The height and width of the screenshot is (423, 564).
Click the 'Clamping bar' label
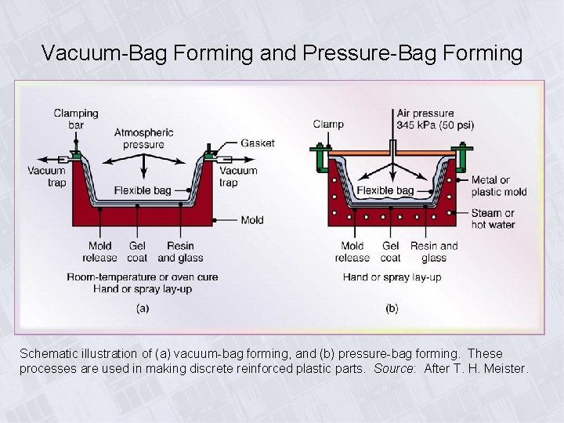pyautogui.click(x=76, y=118)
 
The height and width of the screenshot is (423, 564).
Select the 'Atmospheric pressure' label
pyautogui.click(x=143, y=138)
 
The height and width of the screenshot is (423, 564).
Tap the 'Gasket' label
pyautogui.click(x=258, y=143)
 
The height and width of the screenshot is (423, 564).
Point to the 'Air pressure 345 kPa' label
pyautogui.click(x=435, y=118)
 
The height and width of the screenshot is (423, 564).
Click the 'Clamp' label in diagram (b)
pyautogui.click(x=327, y=124)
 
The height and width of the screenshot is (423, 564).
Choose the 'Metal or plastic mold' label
pyautogui.click(x=498, y=186)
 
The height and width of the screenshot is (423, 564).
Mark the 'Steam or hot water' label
pyautogui.click(x=493, y=219)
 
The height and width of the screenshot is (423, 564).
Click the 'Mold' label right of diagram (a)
pyautogui.click(x=252, y=220)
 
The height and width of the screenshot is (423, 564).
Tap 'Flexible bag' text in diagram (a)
pyautogui.click(x=143, y=190)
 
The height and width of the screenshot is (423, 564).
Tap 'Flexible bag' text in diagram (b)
pyautogui.click(x=385, y=190)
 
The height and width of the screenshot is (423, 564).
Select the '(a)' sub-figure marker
pyautogui.click(x=143, y=308)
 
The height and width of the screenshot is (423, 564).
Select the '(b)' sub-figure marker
pyautogui.click(x=392, y=308)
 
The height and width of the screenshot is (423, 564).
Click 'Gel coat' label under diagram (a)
pyautogui.click(x=139, y=251)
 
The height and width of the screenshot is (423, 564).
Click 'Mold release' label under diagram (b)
pyautogui.click(x=352, y=251)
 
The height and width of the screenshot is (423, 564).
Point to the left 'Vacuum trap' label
pyautogui.click(x=46, y=176)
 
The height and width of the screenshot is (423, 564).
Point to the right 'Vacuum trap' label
pyautogui.click(x=238, y=176)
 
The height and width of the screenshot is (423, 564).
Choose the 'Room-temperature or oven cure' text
pyautogui.click(x=143, y=277)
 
